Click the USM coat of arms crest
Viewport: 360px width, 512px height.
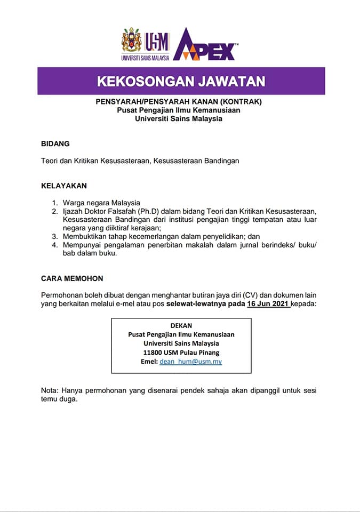(132, 41)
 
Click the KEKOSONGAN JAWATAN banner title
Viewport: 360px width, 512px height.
(181, 82)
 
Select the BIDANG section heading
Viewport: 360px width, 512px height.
(55, 143)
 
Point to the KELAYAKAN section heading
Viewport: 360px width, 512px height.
(64, 186)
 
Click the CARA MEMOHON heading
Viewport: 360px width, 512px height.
(72, 278)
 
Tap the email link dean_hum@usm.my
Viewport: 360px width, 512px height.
(190, 362)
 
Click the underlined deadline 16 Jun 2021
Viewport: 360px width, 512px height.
(268, 304)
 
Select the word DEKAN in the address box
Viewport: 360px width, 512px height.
(181, 325)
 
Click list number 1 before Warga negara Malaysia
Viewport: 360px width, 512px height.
(54, 203)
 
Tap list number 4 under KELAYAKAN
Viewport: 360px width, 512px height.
(54, 245)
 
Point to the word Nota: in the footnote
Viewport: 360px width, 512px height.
(51, 390)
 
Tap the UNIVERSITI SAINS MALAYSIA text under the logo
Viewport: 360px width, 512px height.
(145, 57)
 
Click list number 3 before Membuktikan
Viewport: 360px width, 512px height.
(54, 236)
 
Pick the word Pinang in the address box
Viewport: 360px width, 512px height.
(207, 353)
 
